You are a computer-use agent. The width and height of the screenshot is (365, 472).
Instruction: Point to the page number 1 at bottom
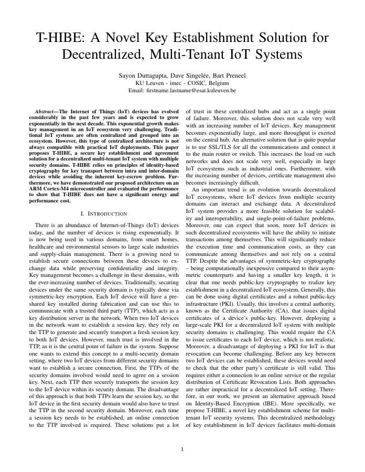[182, 449]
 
